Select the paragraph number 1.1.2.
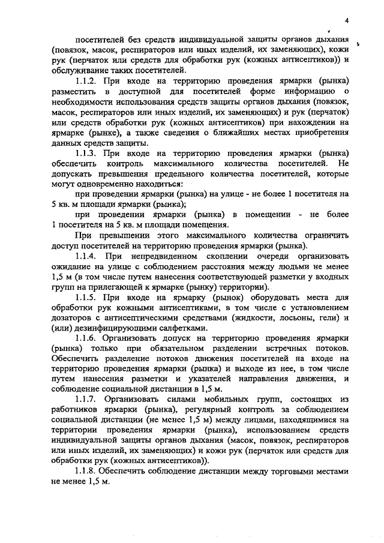(x=88, y=80)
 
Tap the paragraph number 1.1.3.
(x=88, y=152)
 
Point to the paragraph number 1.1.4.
(x=88, y=256)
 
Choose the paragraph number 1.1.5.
(x=88, y=297)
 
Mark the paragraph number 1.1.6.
(x=88, y=338)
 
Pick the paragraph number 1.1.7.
(x=88, y=400)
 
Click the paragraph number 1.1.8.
(x=88, y=472)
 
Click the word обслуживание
(x=79, y=70)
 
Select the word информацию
(x=295, y=91)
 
